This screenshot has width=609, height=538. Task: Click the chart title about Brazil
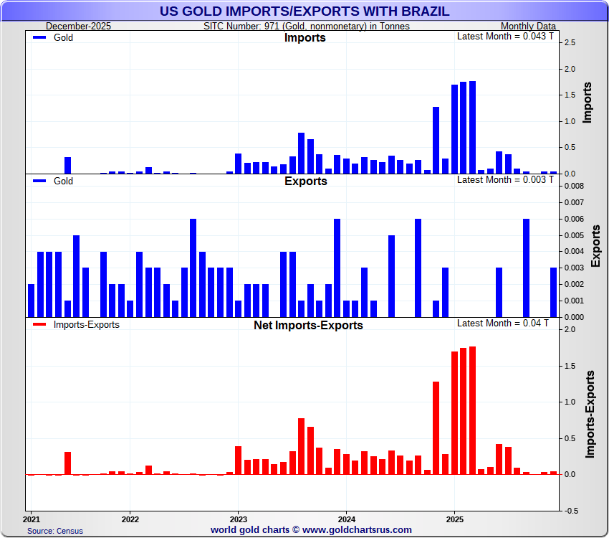click(304, 11)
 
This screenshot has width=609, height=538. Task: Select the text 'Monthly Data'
click(528, 27)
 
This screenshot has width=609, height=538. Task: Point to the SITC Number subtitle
click(306, 27)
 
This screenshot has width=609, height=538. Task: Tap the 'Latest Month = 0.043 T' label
click(505, 37)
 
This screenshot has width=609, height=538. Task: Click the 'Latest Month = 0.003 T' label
click(505, 179)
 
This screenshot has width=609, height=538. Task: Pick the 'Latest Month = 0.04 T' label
click(503, 324)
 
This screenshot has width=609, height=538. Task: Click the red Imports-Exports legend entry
click(86, 325)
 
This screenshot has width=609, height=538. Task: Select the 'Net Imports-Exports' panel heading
click(308, 325)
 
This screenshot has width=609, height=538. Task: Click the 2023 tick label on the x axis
click(238, 519)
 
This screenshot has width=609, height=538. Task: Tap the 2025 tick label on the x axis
click(454, 519)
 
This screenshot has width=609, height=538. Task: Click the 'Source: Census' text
click(55, 531)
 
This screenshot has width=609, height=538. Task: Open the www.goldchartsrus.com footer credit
click(311, 530)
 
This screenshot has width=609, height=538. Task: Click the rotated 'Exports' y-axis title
click(595, 245)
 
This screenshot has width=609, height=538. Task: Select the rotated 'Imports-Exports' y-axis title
click(590, 414)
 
